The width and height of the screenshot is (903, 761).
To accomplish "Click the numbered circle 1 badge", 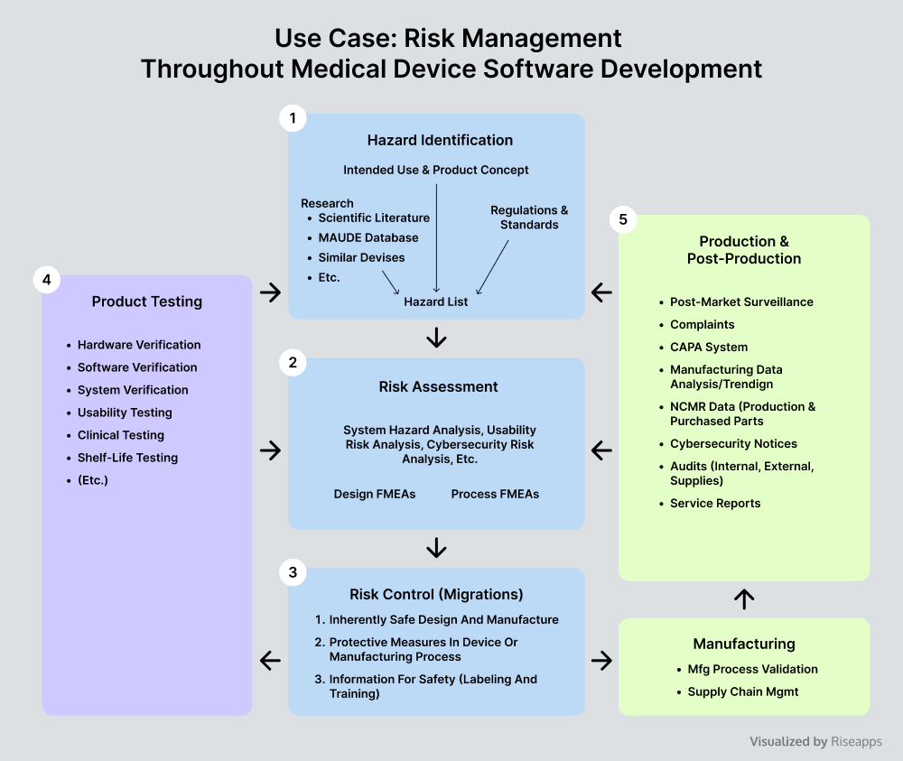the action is pos(293,118).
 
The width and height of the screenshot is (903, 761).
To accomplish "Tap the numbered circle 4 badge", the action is pos(47,280).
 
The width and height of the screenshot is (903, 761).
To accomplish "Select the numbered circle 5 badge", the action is pos(622,219).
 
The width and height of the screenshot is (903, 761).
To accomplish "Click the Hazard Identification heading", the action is pos(440,140).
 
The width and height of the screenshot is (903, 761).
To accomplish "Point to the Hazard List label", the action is pos(436,302).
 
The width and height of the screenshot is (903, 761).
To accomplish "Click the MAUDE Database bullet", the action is pos(368,237).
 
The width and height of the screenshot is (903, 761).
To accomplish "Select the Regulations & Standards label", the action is pos(529,217).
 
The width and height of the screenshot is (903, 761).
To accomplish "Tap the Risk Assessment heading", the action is pos(438,387).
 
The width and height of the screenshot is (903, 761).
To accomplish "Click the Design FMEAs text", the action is pos(375,494).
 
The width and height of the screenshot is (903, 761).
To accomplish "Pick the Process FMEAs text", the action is pos(495,494).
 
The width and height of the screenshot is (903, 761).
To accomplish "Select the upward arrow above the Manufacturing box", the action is pos(744,599).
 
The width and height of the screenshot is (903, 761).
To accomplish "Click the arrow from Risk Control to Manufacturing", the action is pos(601,660).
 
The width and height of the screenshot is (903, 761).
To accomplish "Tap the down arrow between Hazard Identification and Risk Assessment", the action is pos(436,338).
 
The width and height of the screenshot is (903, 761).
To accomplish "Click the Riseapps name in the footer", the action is pos(856,741).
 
